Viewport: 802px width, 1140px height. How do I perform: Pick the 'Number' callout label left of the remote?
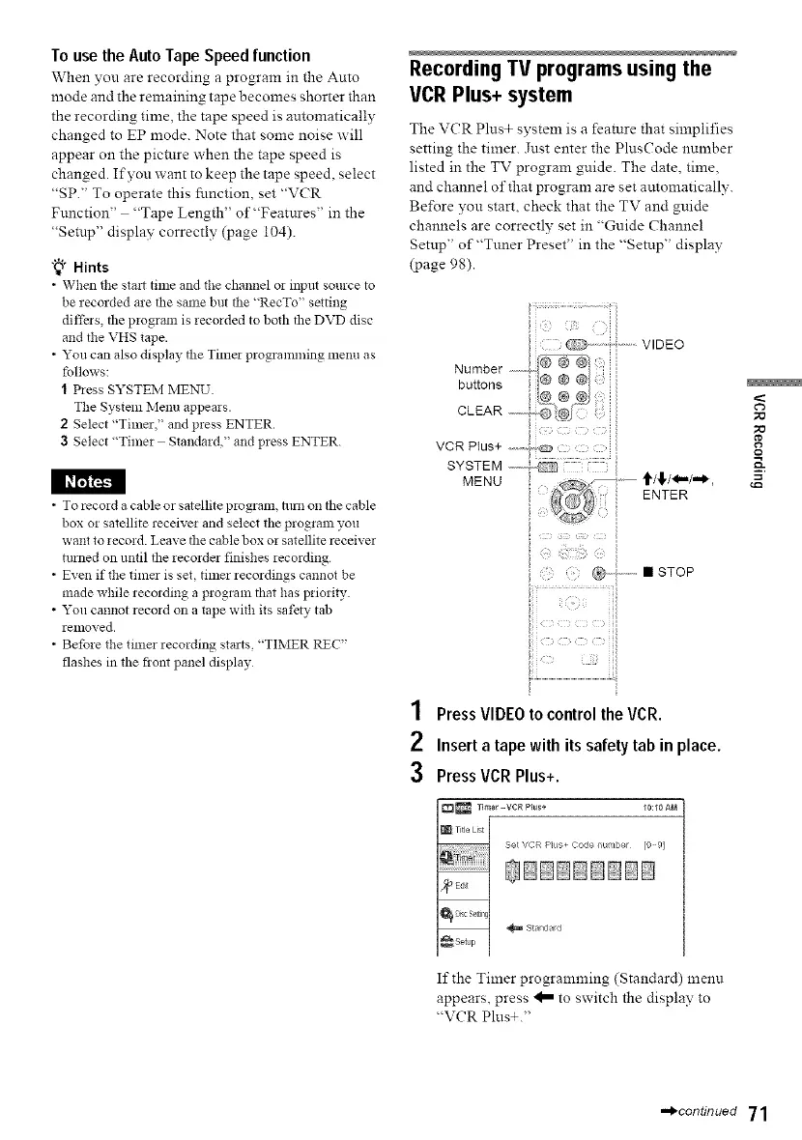tap(477, 368)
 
